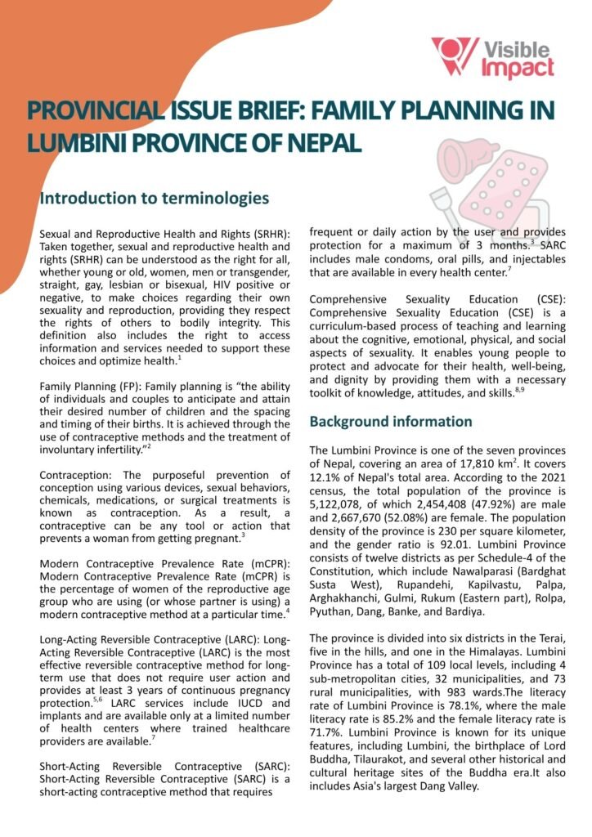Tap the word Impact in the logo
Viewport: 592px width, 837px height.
pos(518,69)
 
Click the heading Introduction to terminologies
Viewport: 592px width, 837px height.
pos(153,198)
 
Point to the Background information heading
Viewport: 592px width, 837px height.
pos(390,422)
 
